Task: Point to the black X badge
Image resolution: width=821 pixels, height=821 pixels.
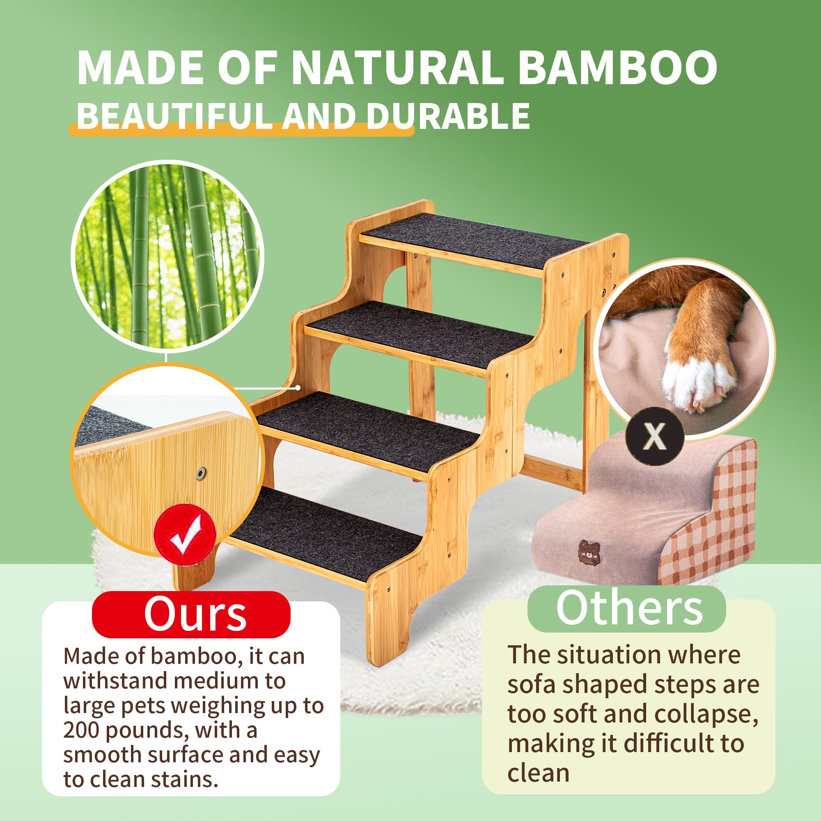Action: (x=654, y=436)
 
